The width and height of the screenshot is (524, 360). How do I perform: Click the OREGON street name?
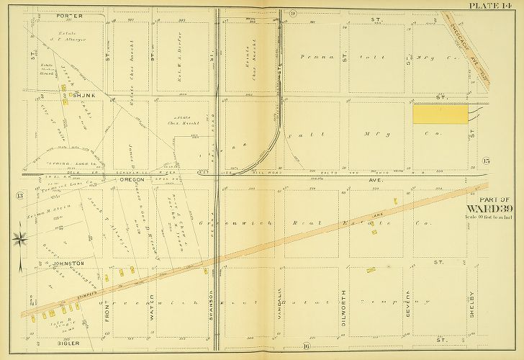click(x=132, y=180)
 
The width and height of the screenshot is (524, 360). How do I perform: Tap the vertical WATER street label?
click(x=152, y=307)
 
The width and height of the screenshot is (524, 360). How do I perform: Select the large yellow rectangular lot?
click(x=440, y=114)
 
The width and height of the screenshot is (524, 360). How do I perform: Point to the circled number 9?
click(x=273, y=14)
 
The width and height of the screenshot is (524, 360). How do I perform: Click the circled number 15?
click(x=487, y=159)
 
